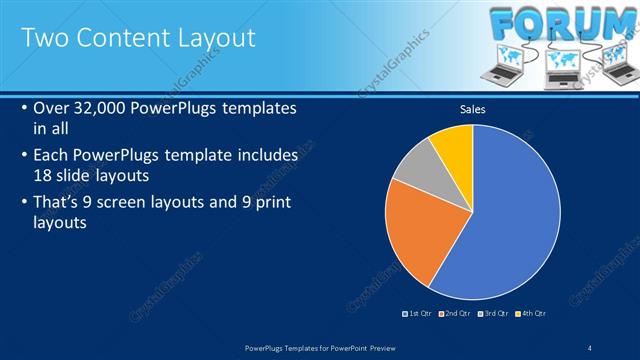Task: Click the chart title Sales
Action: [x=473, y=109]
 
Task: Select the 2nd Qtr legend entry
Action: [x=454, y=313]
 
